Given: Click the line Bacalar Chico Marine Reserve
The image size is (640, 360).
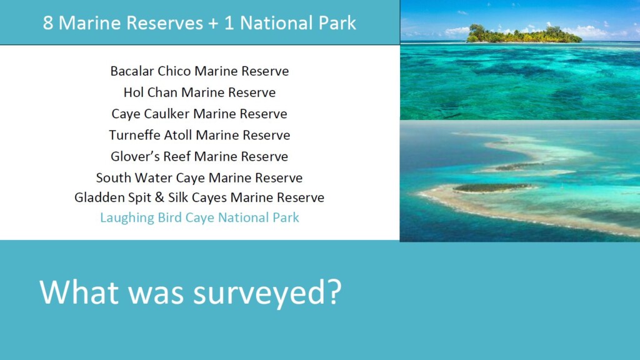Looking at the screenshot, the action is click(199, 71).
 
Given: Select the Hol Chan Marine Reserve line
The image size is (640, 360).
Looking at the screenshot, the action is click(199, 92).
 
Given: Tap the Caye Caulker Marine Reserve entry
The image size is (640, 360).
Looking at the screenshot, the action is click(199, 114).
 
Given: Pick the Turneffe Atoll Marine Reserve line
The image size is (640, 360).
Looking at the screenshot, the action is click(199, 135).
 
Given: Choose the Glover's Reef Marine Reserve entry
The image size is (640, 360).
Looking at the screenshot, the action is click(199, 156).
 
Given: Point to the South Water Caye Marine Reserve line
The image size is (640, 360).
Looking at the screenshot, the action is click(199, 178).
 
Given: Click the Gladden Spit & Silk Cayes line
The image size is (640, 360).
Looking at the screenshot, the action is click(199, 197).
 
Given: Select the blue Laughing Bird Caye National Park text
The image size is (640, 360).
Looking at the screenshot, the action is click(199, 217).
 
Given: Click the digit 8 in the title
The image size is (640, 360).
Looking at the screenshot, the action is click(47, 23).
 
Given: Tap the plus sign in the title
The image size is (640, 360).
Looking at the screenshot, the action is click(213, 24).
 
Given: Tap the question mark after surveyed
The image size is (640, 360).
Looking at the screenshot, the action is click(334, 292).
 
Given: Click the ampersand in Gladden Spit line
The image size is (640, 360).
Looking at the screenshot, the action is click(159, 197).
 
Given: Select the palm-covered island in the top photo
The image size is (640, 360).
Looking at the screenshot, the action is click(524, 34).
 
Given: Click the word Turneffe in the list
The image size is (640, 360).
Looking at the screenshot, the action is click(134, 135).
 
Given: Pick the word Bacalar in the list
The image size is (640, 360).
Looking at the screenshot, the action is click(132, 71).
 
